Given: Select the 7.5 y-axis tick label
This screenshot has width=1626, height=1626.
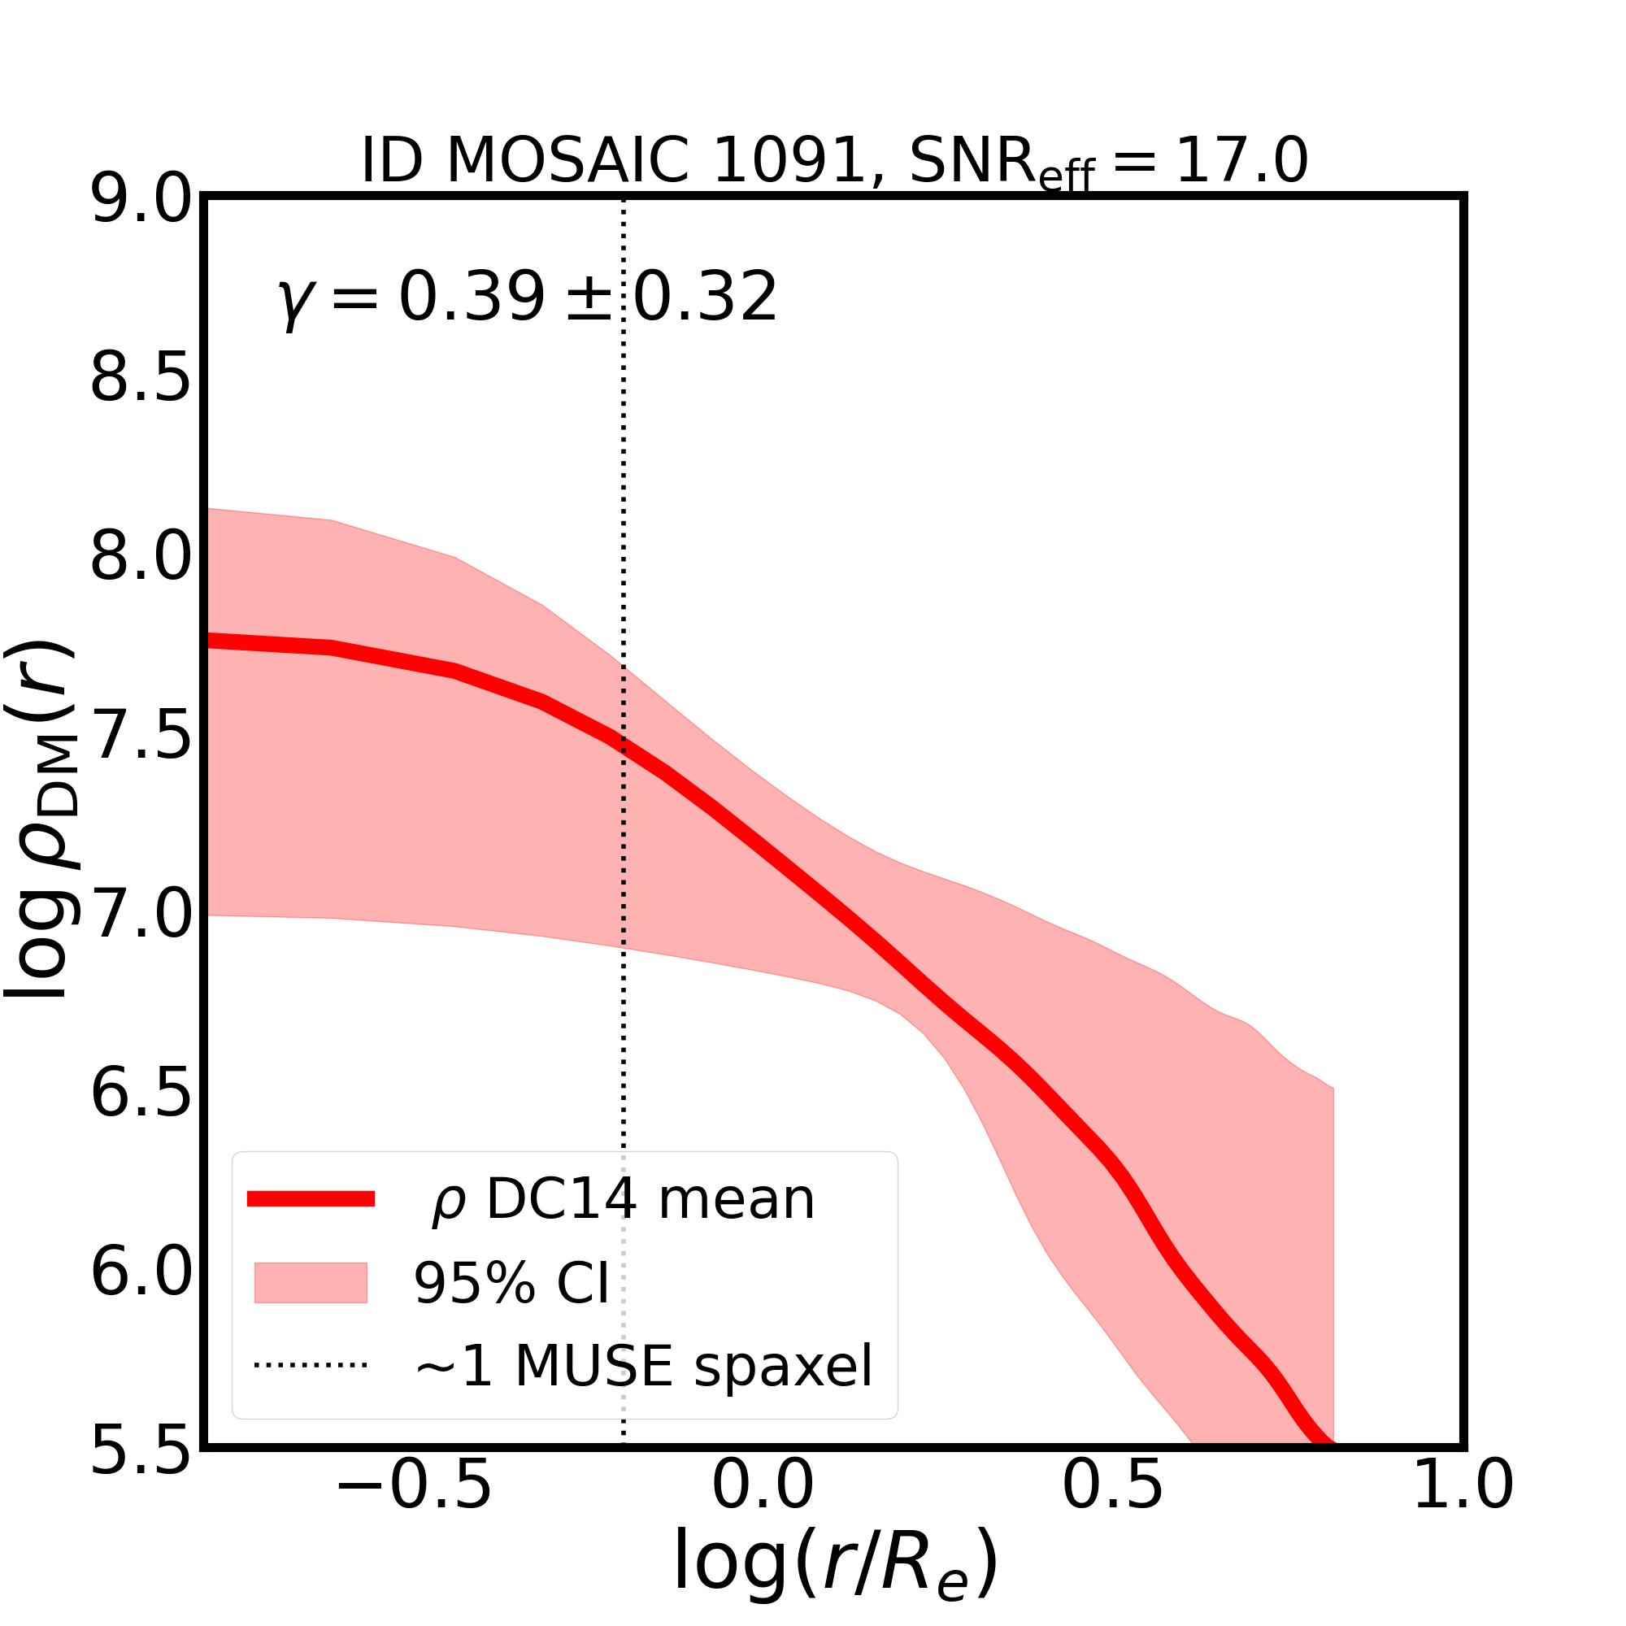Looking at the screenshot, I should point(141,737).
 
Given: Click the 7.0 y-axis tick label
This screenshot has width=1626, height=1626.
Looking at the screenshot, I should point(141,915).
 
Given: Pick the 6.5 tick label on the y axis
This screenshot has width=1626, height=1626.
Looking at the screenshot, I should point(141,1093).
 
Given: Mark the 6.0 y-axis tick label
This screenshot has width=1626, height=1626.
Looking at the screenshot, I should point(141,1272).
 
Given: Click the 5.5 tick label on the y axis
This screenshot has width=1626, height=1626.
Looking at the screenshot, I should point(141,1450).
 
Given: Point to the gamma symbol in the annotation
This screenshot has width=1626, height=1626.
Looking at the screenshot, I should point(291,302).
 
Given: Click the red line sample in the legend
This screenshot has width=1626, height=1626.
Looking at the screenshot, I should point(311,1199).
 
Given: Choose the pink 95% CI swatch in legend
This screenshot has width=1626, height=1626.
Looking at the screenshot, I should point(311,1283).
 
